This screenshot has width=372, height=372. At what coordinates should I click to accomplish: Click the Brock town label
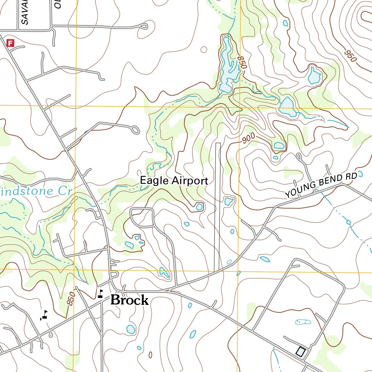coord(129,300)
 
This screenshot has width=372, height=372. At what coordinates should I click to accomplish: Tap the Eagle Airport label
coord(174,181)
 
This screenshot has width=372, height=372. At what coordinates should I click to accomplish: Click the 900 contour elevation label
coord(248,138)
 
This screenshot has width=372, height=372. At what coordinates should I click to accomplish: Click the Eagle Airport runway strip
coord(217,207)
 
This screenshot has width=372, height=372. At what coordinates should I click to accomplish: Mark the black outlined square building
coord(300,351)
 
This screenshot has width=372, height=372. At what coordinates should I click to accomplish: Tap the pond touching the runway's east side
coord(229,201)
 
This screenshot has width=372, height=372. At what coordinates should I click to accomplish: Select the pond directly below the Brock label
coord(131,329)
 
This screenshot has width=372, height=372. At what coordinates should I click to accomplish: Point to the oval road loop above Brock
coord(142,217)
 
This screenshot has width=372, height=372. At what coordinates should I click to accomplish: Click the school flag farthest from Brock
coord(44,315)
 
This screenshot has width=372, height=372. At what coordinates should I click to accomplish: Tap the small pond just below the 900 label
coord(279,146)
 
